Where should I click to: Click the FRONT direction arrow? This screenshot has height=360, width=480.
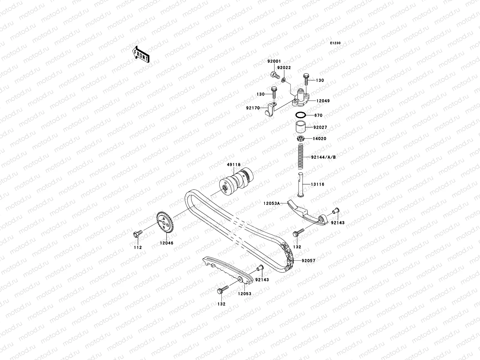[x=141, y=54]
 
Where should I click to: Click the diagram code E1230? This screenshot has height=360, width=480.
[x=335, y=43]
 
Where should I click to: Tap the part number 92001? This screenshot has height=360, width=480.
[x=274, y=61]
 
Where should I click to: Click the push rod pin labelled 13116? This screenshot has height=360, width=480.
[x=300, y=185]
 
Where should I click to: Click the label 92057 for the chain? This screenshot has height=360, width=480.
[x=308, y=261]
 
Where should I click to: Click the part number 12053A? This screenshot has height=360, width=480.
[x=271, y=203]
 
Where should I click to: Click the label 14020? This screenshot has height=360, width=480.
[x=319, y=139]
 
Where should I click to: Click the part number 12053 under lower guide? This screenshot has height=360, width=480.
[x=245, y=294]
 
